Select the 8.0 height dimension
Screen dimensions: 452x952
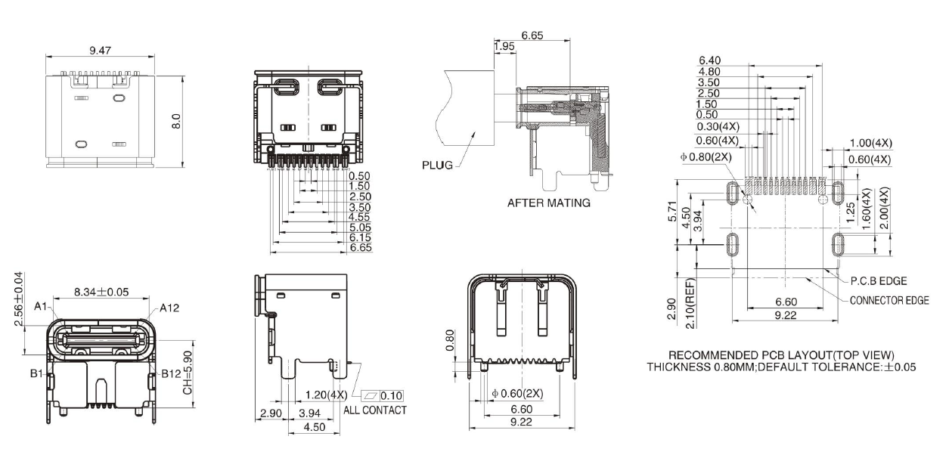(x=176, y=121)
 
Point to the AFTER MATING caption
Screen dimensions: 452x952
(x=548, y=203)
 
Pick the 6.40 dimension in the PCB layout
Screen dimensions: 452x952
(x=710, y=60)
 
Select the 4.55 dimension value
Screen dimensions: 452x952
(x=359, y=217)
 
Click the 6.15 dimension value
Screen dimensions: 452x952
(x=359, y=237)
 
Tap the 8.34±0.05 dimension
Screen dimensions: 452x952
(x=104, y=292)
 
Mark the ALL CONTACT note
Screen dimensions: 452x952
(x=375, y=410)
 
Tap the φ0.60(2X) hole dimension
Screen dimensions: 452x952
(x=517, y=394)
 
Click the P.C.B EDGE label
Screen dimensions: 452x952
(x=879, y=281)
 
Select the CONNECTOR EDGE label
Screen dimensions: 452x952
(x=889, y=300)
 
